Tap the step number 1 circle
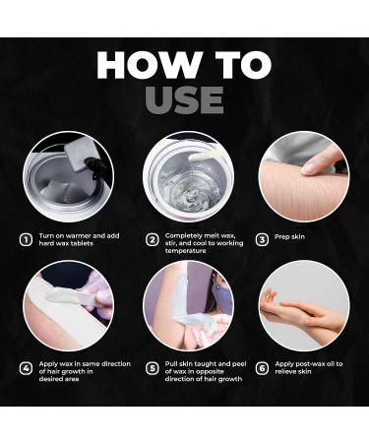coord(26,239)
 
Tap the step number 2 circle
coord(153,239)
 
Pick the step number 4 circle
coord(26,369)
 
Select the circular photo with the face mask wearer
coord(185,305)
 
